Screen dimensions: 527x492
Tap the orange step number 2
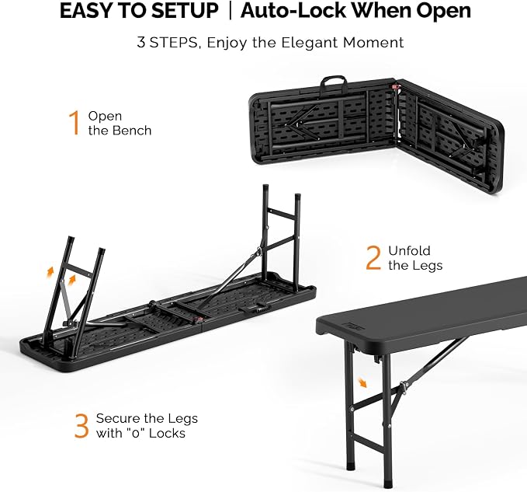373,258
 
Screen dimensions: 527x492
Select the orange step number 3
81,426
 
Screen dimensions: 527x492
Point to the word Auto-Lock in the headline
293,10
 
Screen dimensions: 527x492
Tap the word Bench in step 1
132,131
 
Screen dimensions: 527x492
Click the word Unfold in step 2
409,251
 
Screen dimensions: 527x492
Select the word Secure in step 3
118,418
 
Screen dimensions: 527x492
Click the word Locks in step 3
167,433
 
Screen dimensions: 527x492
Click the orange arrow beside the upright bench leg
362,382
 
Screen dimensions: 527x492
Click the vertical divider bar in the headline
230,11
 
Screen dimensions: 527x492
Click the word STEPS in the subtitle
174,43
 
